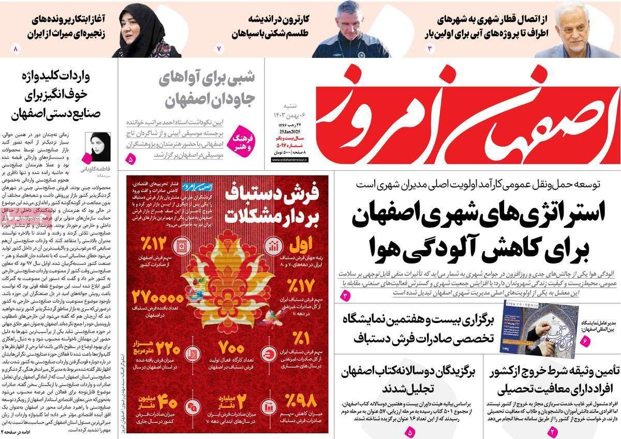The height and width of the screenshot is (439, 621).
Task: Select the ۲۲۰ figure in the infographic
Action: [x=167, y=351]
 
